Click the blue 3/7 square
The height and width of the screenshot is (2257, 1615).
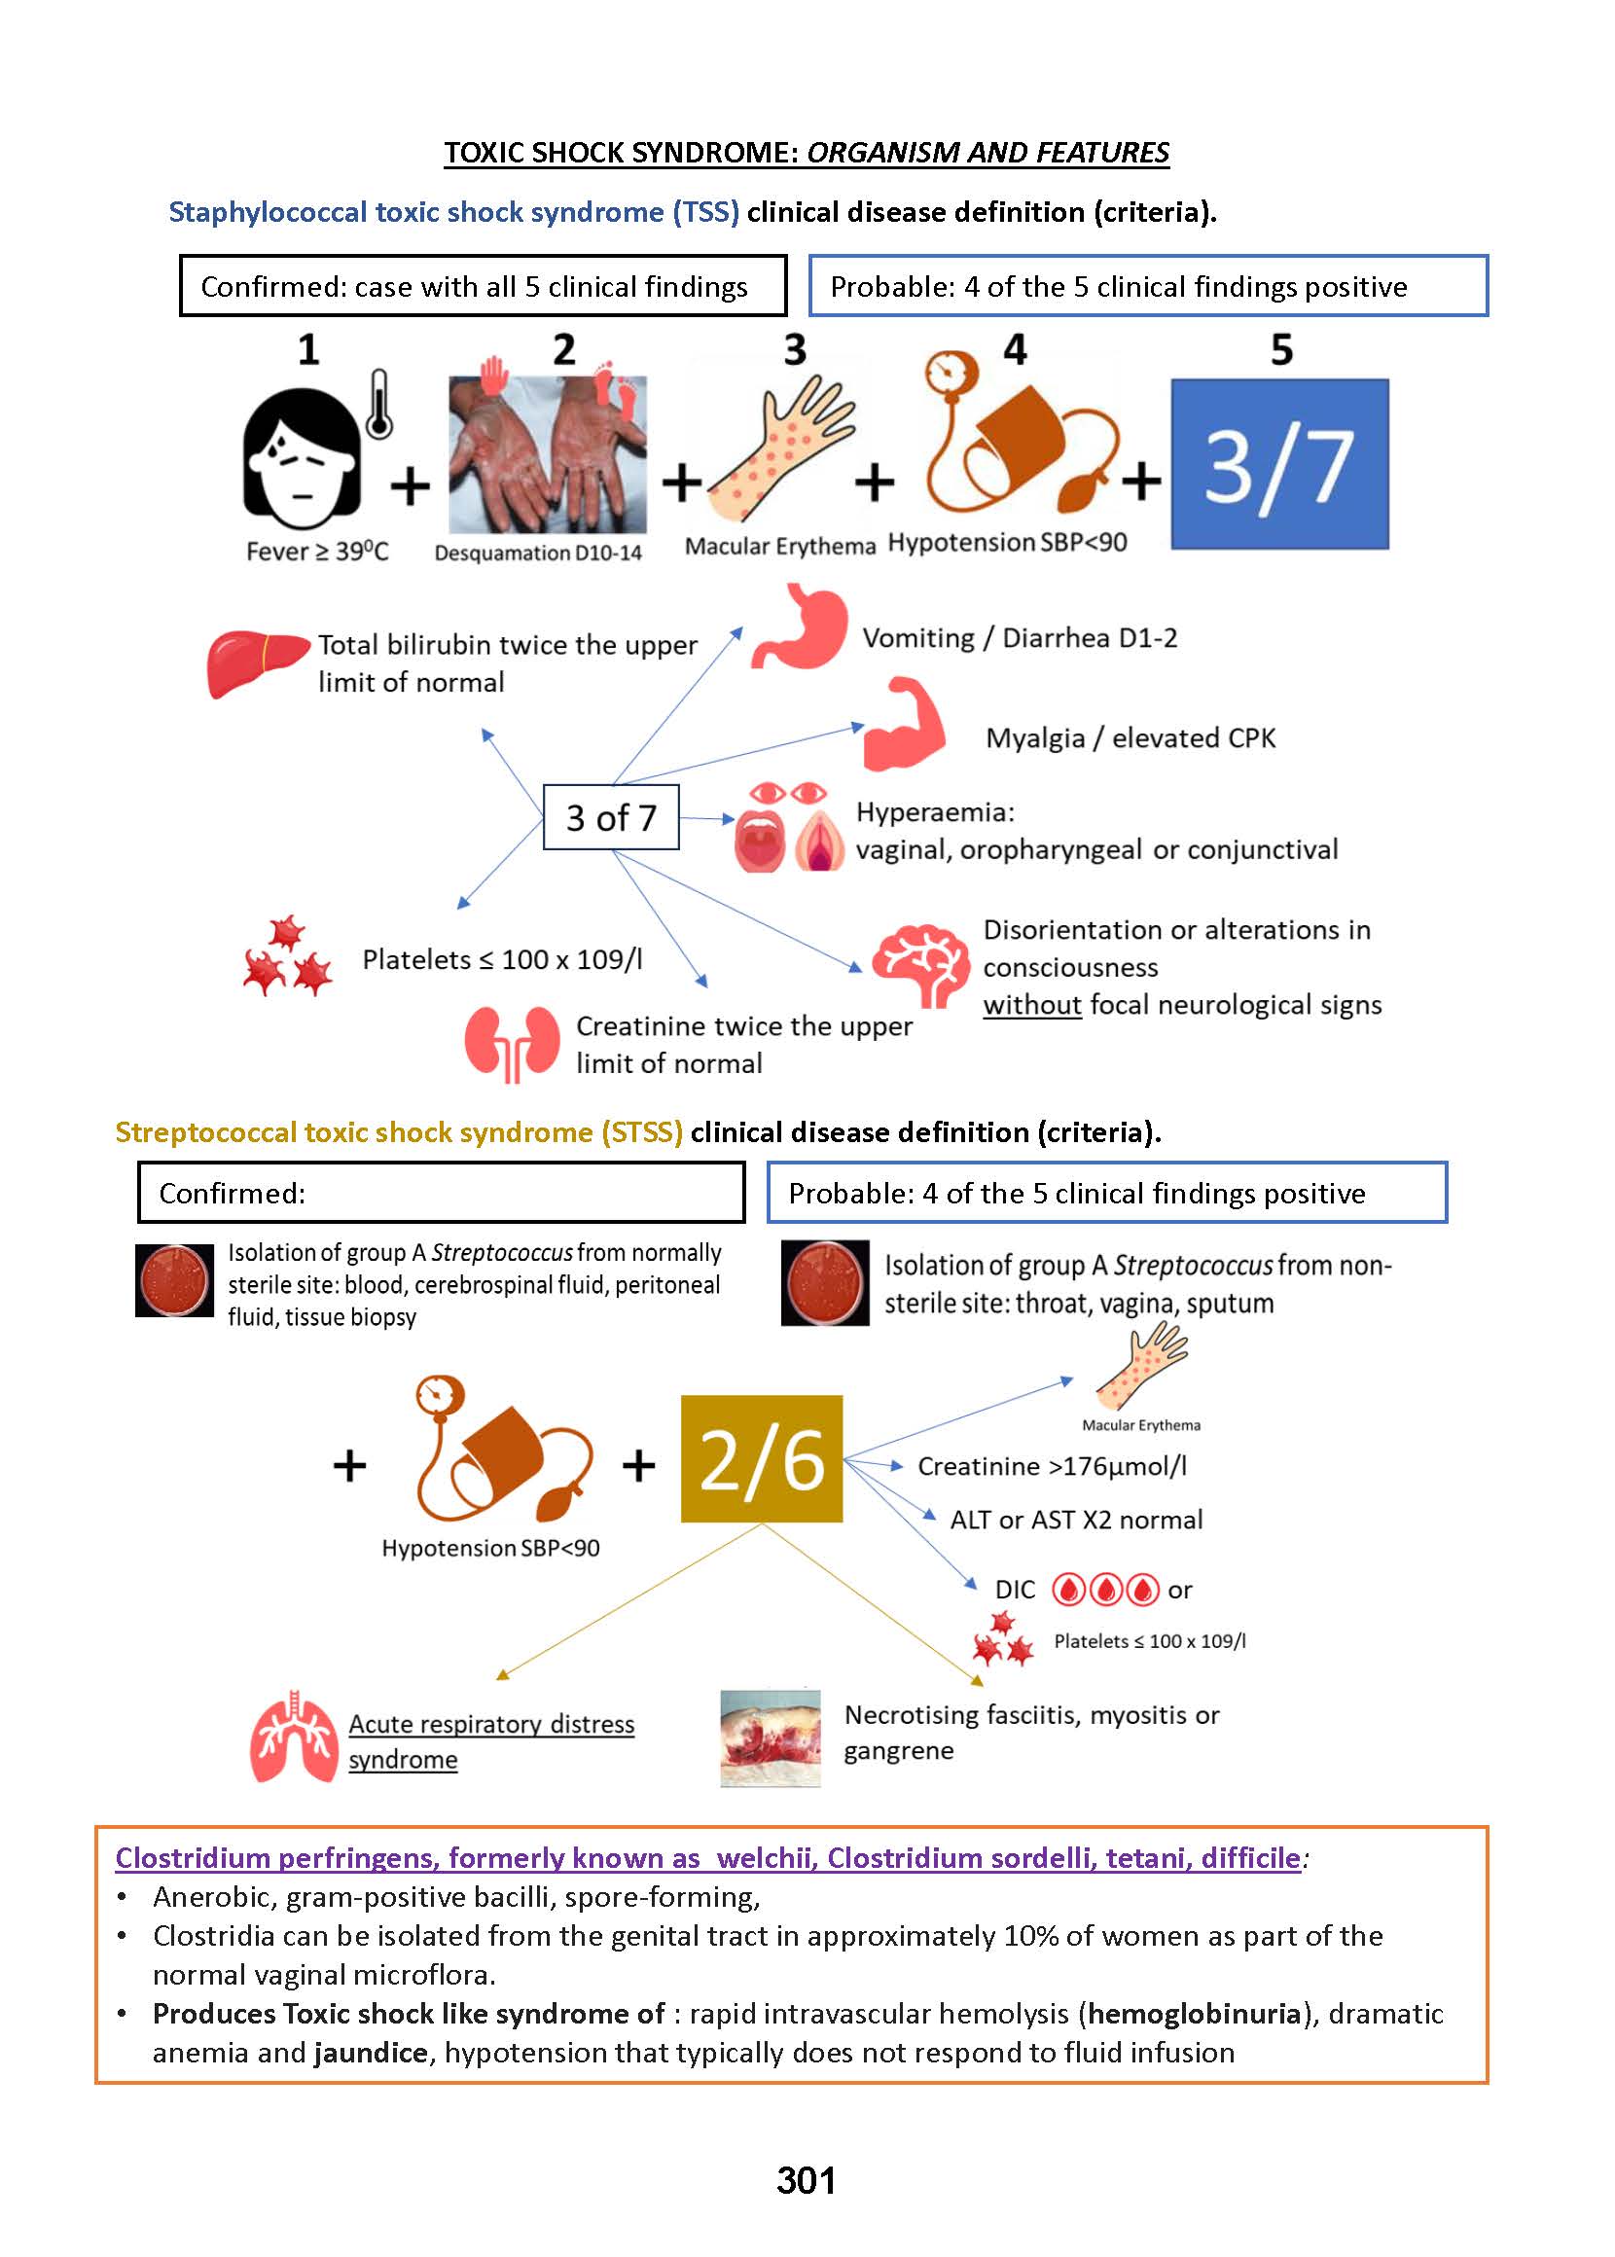pyautogui.click(x=1279, y=463)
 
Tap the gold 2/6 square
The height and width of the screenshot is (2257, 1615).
pyautogui.click(x=761, y=1458)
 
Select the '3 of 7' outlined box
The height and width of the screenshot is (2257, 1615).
pyautogui.click(x=611, y=817)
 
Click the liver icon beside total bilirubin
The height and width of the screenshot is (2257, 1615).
pyautogui.click(x=257, y=663)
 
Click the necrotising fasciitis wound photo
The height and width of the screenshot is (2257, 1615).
pyautogui.click(x=770, y=1738)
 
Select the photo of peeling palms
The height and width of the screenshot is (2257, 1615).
pyautogui.click(x=547, y=455)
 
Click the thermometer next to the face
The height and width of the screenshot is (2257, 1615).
pyautogui.click(x=378, y=406)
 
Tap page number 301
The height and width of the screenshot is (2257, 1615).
pyautogui.click(x=806, y=2180)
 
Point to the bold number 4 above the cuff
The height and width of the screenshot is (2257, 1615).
pyautogui.click(x=1015, y=349)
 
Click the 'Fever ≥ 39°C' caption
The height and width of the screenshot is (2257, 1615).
pyautogui.click(x=317, y=552)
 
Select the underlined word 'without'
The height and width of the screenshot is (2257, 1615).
pyautogui.click(x=1031, y=1005)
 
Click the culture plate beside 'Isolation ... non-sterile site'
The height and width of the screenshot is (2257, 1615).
pyautogui.click(x=824, y=1282)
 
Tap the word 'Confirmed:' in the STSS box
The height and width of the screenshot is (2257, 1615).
pyautogui.click(x=232, y=1193)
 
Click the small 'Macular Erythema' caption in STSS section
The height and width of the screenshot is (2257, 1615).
pyautogui.click(x=1140, y=1425)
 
